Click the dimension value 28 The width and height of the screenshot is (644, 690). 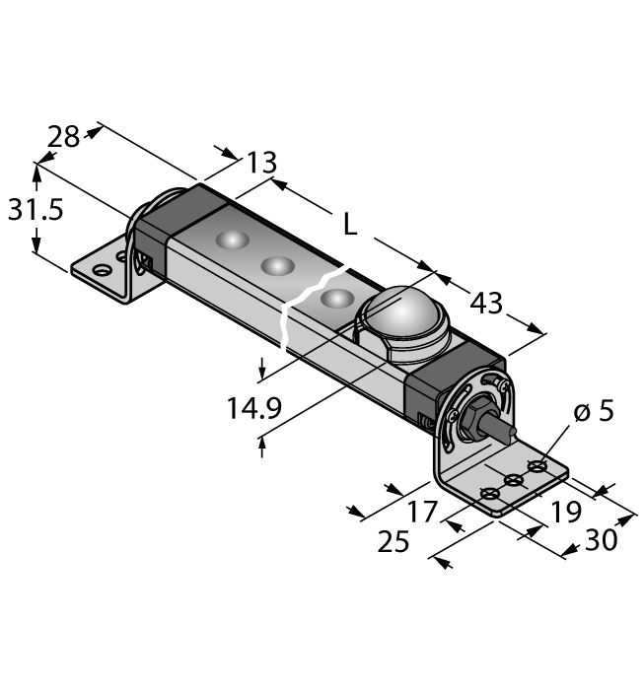click(64, 137)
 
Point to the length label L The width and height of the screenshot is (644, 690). click(349, 225)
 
